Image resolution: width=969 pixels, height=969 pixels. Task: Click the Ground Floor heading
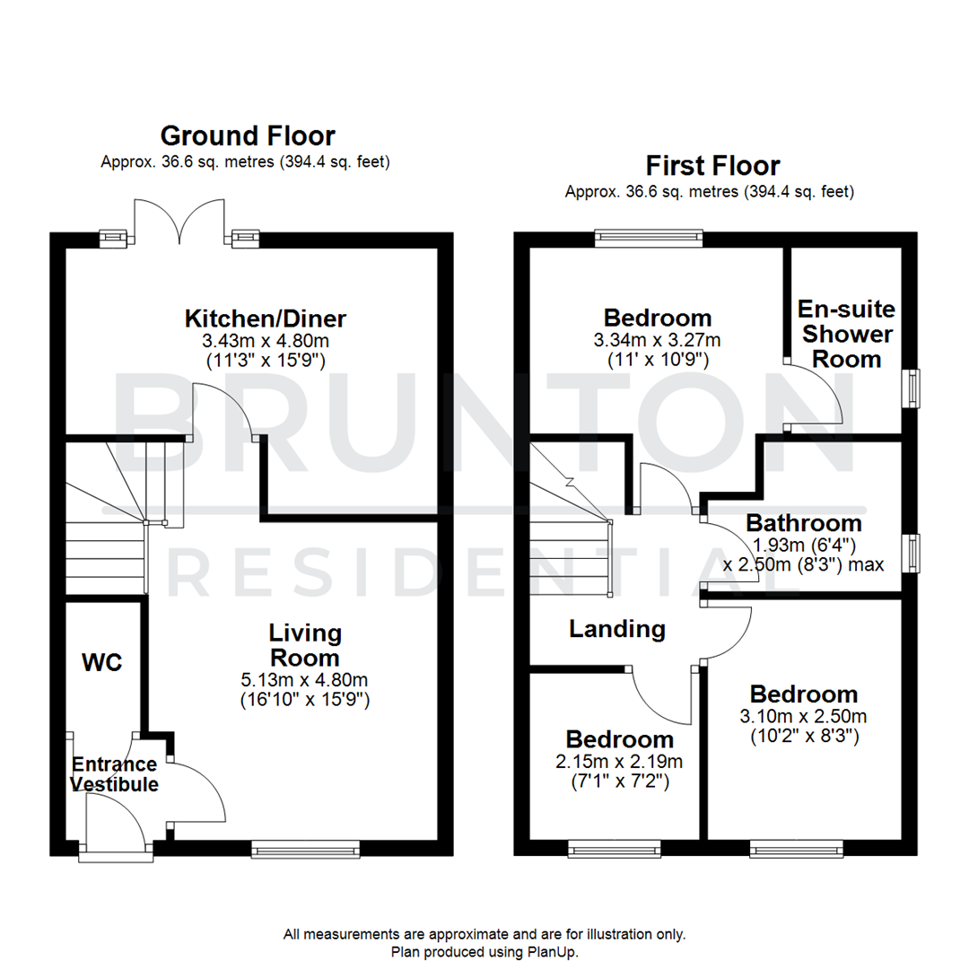[248, 136]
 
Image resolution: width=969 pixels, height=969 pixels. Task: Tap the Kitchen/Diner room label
[266, 319]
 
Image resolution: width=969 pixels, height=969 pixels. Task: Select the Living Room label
[305, 645]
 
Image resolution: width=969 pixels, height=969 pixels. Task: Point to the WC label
[101, 663]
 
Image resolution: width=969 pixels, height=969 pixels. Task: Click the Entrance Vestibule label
[114, 774]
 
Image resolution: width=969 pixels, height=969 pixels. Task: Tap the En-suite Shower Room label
[847, 334]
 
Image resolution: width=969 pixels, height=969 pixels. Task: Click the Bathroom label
[804, 522]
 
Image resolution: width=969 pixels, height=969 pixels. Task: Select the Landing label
[617, 629]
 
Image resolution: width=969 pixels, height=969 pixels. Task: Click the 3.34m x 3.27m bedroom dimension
[659, 340]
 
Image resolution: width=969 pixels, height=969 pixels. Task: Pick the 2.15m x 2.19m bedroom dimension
[620, 762]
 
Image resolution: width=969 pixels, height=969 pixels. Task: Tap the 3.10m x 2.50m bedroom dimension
[804, 716]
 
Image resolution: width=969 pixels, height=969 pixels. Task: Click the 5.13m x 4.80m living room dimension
[305, 679]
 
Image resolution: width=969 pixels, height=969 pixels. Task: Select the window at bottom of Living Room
[305, 848]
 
